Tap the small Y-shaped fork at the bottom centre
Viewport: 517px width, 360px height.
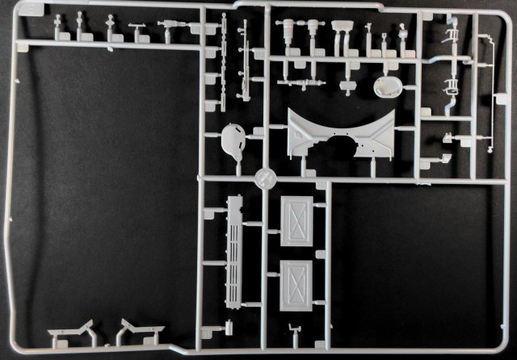tap(292, 330)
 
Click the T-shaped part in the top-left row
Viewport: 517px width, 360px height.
tap(138, 31)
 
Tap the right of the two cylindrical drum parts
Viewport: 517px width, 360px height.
tap(311, 33)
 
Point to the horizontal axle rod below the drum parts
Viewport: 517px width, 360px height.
tap(301, 82)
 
